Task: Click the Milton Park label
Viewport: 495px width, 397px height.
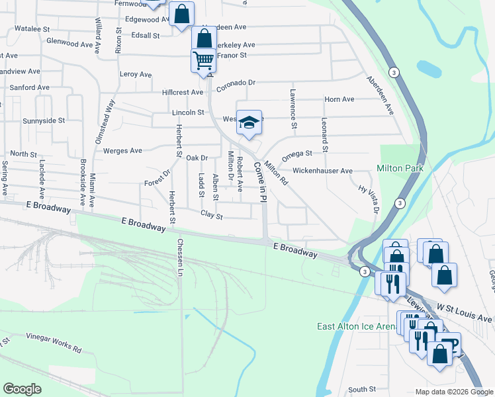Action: coord(400,169)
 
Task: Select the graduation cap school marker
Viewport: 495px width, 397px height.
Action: coord(249,123)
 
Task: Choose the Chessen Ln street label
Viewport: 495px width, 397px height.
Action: coord(179,253)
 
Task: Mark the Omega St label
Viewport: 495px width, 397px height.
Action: coord(296,155)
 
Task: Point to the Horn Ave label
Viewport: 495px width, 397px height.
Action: coord(339,99)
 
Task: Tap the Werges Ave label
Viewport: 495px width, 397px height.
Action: coord(122,151)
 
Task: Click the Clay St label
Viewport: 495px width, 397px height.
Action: coord(212,215)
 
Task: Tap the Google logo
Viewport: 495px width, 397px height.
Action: coord(22,389)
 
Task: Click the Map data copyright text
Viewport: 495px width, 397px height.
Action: coord(453,392)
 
